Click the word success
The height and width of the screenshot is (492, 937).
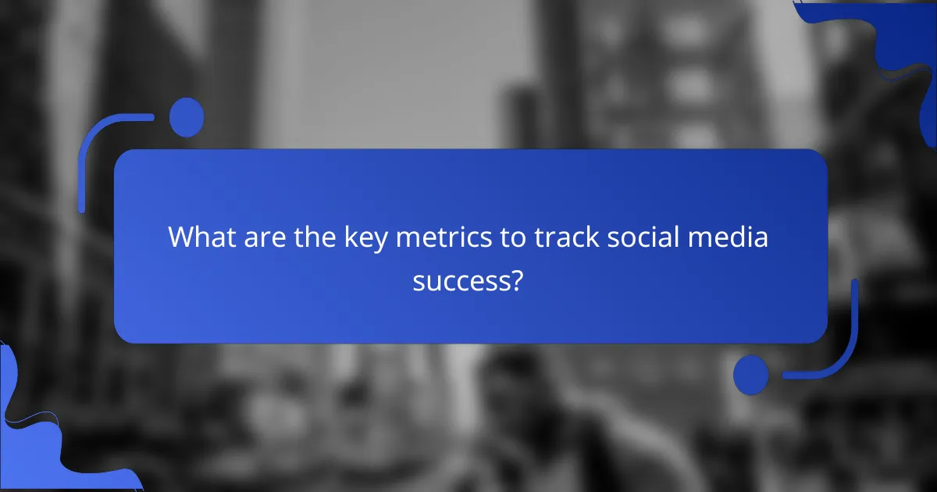pyautogui.click(x=461, y=280)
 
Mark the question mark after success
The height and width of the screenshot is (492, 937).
pyautogui.click(x=516, y=280)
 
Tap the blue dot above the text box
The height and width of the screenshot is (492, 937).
pyautogui.click(x=187, y=117)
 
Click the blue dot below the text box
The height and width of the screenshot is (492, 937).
pyautogui.click(x=751, y=374)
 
